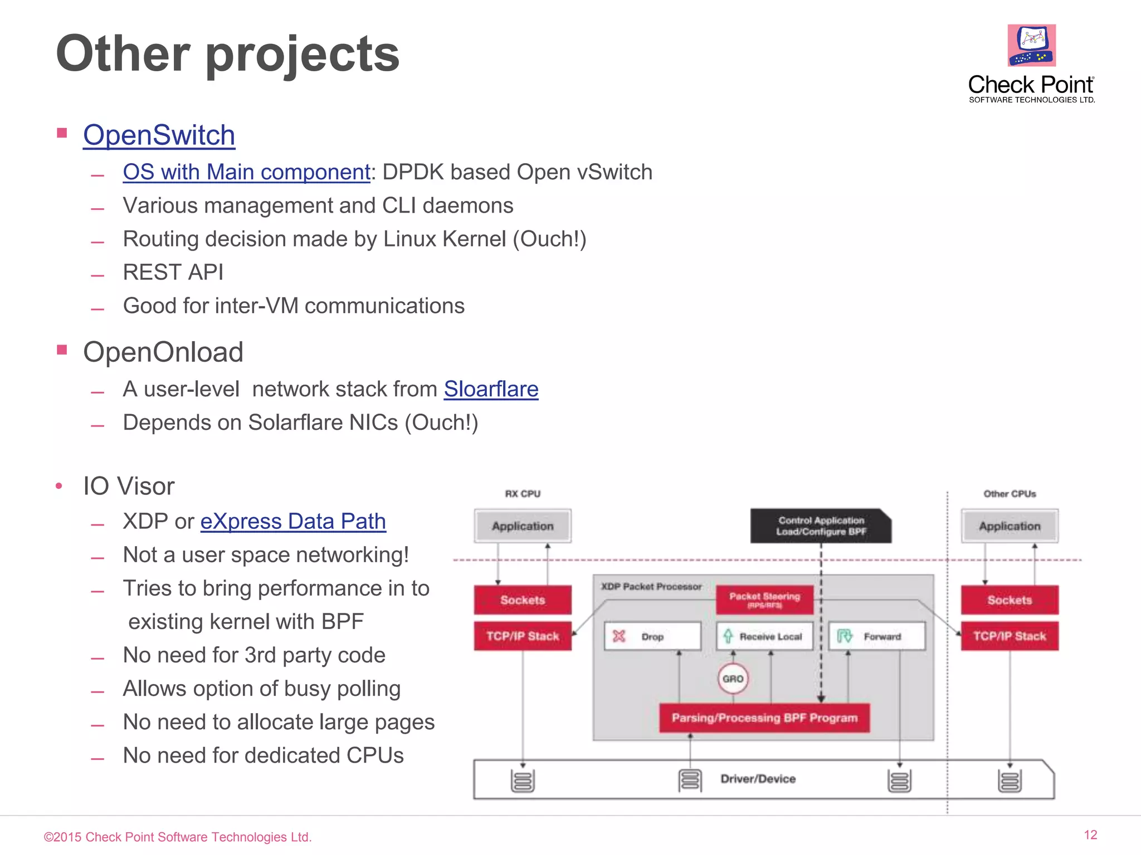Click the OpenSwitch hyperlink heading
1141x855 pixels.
pos(159,135)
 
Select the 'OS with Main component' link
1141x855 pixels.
pos(246,172)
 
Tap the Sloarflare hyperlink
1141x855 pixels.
pos(491,389)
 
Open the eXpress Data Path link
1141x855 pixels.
pos(293,522)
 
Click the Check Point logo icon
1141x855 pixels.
pos(1031,45)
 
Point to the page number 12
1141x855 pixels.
pos(1090,835)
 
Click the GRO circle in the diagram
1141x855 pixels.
pos(733,679)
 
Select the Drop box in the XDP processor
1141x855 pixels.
pos(652,636)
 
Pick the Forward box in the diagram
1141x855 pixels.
pos(877,636)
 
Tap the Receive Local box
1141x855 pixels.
pos(764,636)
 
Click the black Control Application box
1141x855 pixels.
pos(820,526)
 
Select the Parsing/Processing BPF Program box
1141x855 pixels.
pos(764,718)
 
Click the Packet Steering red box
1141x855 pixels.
pos(764,600)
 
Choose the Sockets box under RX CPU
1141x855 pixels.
pos(523,600)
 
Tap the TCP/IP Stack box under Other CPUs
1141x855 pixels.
pos(1010,636)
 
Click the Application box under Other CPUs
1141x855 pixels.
pos(1010,526)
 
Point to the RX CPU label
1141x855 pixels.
pos(523,494)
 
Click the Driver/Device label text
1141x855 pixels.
pos(758,779)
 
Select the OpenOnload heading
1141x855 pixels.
pos(163,352)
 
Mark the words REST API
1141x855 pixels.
pos(173,272)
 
